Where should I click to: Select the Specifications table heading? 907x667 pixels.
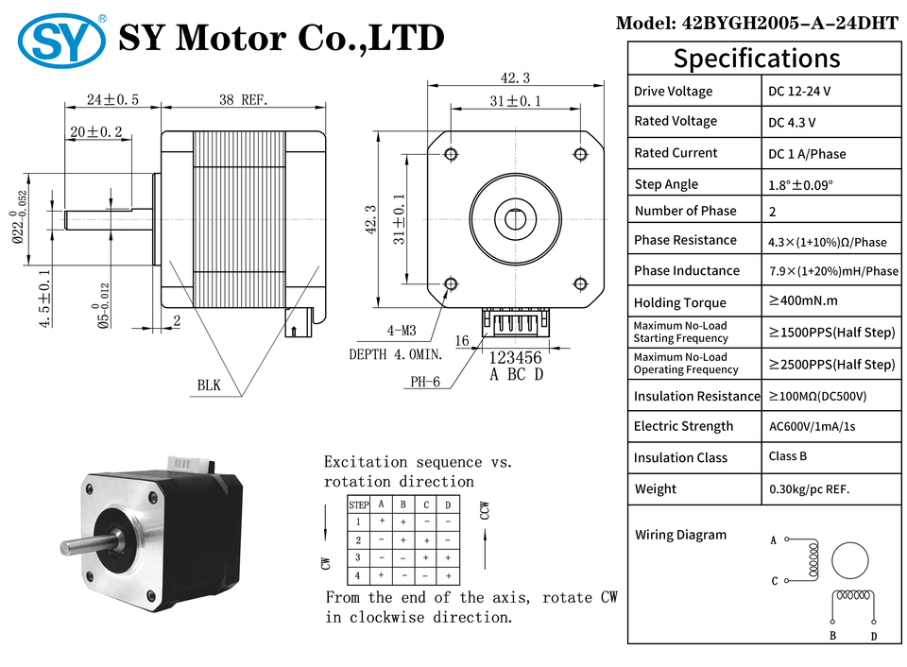tap(756, 59)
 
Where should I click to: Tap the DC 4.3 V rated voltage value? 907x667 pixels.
tap(792, 122)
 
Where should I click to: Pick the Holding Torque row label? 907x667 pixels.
tap(680, 302)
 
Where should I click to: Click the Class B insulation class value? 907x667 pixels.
tap(788, 456)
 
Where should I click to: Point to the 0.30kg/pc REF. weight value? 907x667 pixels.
tap(809, 489)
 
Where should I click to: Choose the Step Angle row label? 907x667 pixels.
tap(666, 184)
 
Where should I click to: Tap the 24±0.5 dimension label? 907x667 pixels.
tap(112, 99)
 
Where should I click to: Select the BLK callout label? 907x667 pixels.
tap(209, 385)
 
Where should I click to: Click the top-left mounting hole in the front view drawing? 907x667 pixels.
tap(451, 153)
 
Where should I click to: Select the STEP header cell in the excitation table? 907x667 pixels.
tap(359, 505)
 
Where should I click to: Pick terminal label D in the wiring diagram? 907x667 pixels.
tap(873, 637)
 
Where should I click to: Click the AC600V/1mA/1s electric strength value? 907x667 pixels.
tap(812, 426)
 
